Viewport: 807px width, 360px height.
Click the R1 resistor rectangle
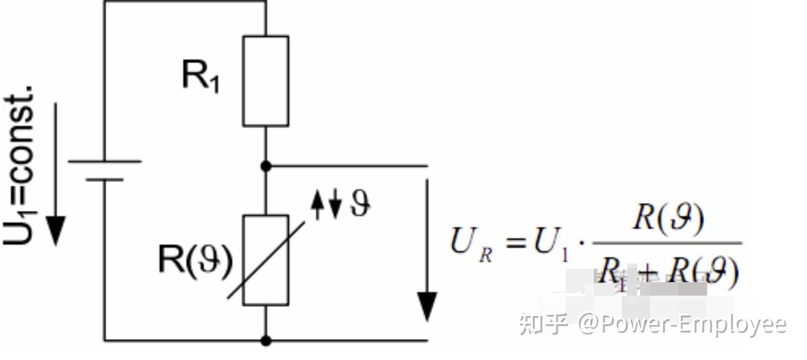click(x=265, y=81)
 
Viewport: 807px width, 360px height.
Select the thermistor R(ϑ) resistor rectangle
click(x=265, y=260)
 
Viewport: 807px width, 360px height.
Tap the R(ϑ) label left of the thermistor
click(x=195, y=260)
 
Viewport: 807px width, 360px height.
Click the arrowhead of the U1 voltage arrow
click(x=56, y=231)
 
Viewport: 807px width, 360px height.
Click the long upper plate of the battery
click(x=105, y=161)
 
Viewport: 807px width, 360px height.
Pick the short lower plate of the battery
click(x=105, y=179)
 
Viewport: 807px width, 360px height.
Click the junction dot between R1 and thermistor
click(x=266, y=166)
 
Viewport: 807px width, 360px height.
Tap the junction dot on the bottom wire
click(x=266, y=340)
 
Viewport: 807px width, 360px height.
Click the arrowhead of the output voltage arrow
click(x=427, y=306)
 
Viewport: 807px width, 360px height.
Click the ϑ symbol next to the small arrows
click(x=359, y=204)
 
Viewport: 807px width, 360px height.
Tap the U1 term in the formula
click(x=551, y=243)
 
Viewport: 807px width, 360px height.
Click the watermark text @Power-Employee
click(x=682, y=324)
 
